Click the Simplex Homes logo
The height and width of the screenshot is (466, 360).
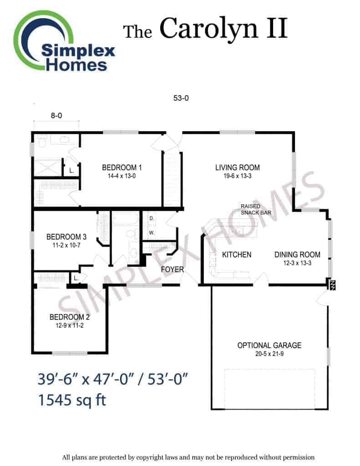(64, 41)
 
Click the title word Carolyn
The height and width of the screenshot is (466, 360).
(209, 29)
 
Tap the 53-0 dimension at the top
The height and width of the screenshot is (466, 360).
(181, 98)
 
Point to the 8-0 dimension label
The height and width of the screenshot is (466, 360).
(56, 116)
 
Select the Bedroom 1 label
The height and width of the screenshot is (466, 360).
(122, 167)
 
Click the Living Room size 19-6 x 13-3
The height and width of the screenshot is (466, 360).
(238, 176)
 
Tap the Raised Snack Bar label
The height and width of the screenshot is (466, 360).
(256, 209)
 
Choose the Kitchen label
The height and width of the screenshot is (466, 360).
(237, 255)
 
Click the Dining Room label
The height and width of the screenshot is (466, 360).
(297, 255)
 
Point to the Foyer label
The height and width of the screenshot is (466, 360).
(172, 269)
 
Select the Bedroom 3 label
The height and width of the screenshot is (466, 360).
(66, 237)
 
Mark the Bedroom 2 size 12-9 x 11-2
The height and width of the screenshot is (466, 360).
(70, 325)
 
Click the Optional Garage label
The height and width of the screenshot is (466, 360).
(269, 345)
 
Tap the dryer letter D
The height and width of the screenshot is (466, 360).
(152, 218)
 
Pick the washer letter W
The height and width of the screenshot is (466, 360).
(152, 233)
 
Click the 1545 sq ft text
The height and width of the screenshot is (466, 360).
(72, 400)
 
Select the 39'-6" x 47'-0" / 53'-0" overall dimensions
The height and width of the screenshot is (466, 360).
(113, 379)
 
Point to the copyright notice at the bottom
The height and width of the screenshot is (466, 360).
(188, 457)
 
